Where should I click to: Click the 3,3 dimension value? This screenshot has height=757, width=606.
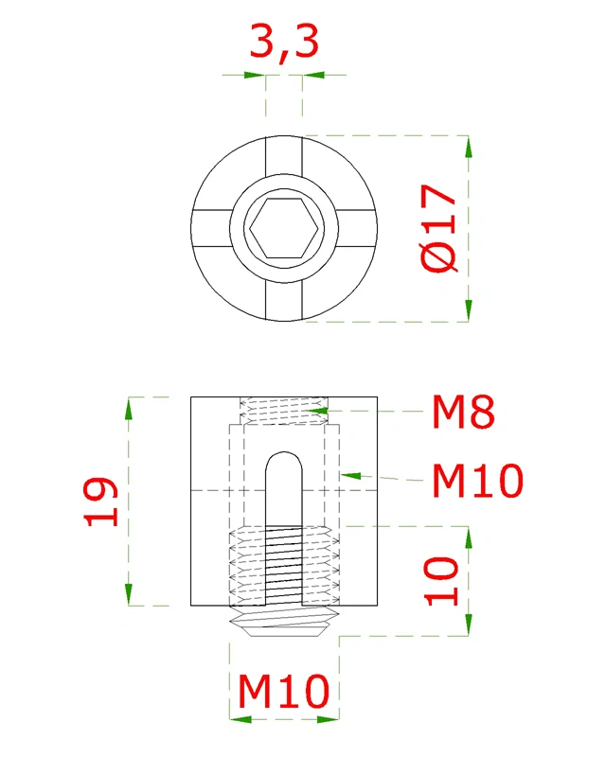(x=283, y=43)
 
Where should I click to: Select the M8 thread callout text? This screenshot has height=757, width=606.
(x=464, y=413)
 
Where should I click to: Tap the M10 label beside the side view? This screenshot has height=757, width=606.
(x=476, y=482)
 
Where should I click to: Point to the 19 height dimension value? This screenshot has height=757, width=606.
(x=101, y=502)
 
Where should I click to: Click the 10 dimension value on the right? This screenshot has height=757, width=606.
(x=441, y=580)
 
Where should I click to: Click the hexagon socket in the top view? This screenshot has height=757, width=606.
(x=284, y=229)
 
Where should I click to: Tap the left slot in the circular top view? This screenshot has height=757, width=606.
(x=211, y=229)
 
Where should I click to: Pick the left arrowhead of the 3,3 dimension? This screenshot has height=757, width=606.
(x=255, y=74)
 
